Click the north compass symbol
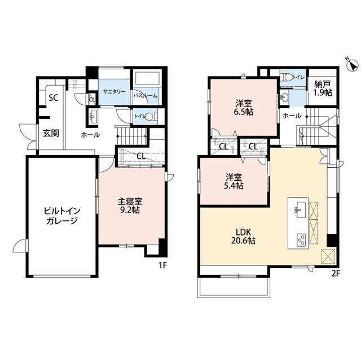(352, 64)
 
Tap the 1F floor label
(162, 265)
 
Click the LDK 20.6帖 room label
(243, 236)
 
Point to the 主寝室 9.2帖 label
(130, 206)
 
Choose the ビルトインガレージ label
(62, 216)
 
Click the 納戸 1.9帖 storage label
(323, 88)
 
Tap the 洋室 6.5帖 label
(244, 108)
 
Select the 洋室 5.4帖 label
(234, 181)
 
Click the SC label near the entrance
(54, 98)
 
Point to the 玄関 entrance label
(51, 133)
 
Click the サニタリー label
(114, 91)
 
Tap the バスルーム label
(146, 96)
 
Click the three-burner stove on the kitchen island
(301, 240)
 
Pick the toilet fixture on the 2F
(285, 77)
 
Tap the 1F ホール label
(90, 135)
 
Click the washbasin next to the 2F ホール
(285, 97)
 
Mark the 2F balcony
(234, 288)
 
